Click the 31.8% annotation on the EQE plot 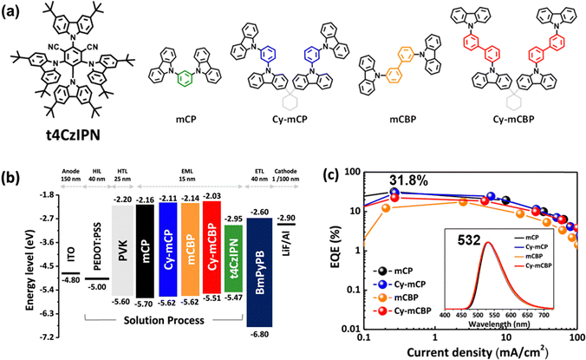(411, 180)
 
